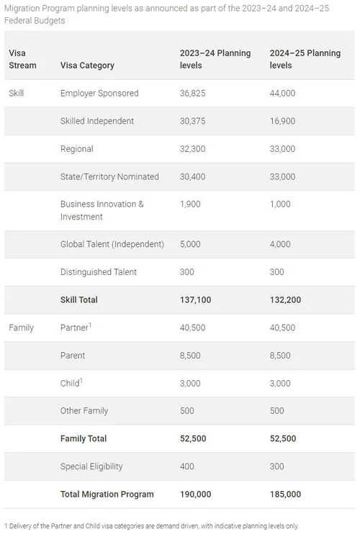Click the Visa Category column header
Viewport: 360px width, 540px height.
87,65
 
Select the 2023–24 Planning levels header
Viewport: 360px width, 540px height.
215,59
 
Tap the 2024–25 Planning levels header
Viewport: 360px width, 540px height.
305,59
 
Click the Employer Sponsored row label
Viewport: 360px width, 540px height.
99,93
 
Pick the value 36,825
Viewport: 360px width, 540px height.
194,93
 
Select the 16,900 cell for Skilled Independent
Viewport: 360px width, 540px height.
282,121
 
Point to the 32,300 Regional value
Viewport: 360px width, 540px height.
194,149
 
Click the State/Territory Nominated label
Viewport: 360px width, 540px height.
109,176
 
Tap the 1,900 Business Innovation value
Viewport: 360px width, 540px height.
191,204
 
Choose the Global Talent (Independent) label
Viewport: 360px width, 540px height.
112,244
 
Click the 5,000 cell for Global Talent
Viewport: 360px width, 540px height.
191,244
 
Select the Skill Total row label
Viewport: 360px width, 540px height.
79,300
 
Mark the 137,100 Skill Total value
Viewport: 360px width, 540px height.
196,300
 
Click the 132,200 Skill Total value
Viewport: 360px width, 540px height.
286,300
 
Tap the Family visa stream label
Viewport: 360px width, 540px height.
21,328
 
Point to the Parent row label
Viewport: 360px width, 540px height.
73,355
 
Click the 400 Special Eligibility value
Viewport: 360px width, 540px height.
187,467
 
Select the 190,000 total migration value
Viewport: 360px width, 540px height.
196,494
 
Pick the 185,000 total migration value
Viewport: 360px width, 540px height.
286,494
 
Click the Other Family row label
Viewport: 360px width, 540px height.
84,410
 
